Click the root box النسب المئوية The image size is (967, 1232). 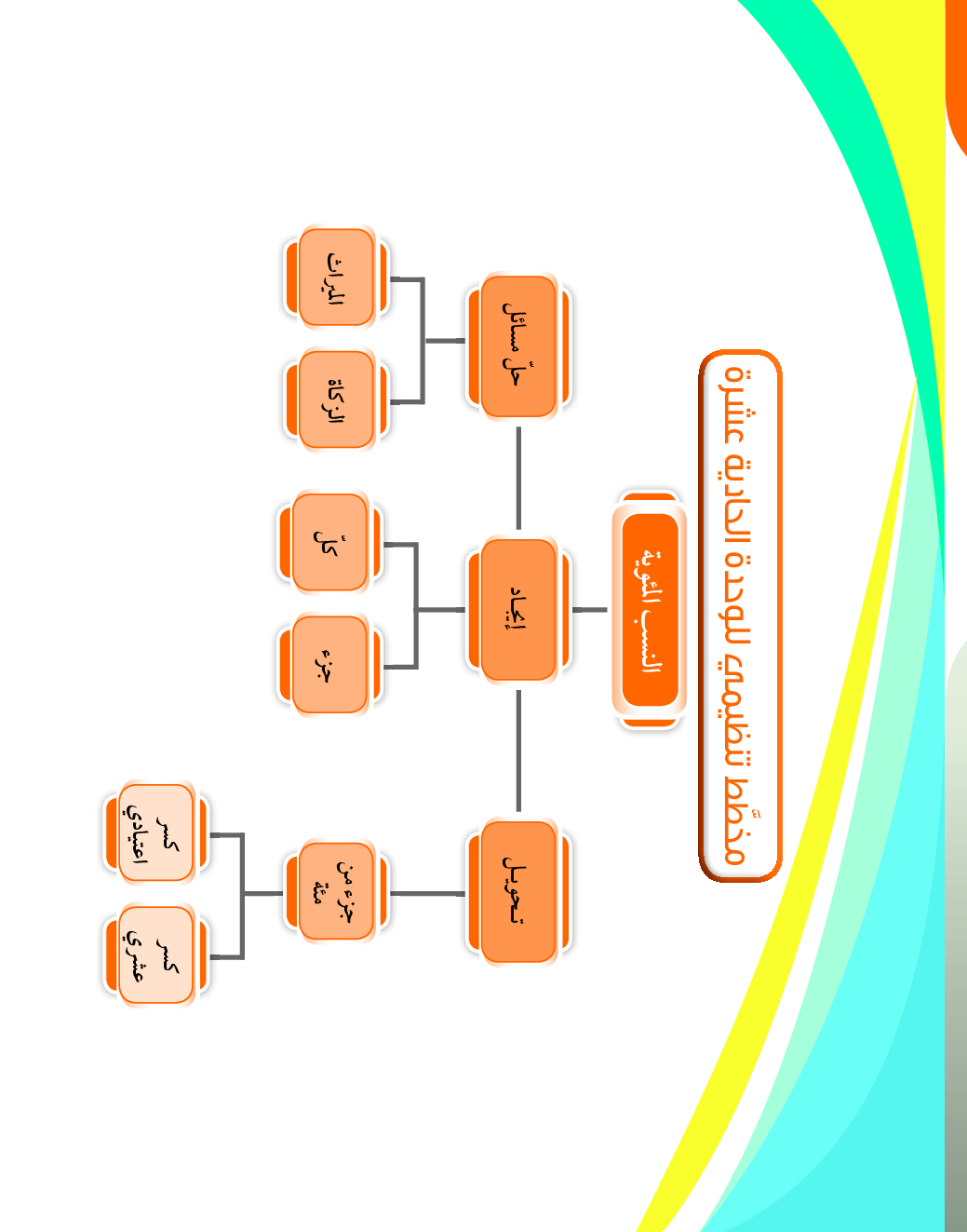tap(650, 610)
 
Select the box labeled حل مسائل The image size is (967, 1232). tap(518, 345)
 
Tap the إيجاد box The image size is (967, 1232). tap(518, 609)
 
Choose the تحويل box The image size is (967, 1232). tap(518, 891)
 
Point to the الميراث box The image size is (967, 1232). tap(336, 278)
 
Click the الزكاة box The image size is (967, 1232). tap(336, 399)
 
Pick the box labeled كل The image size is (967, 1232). tap(329, 543)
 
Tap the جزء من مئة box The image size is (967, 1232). tap(336, 891)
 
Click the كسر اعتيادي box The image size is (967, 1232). tap(155, 833)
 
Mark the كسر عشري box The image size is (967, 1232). tap(155, 955)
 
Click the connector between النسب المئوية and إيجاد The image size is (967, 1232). tap(589, 610)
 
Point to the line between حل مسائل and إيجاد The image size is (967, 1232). tap(518, 478)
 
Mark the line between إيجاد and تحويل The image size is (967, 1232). tap(518, 750)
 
